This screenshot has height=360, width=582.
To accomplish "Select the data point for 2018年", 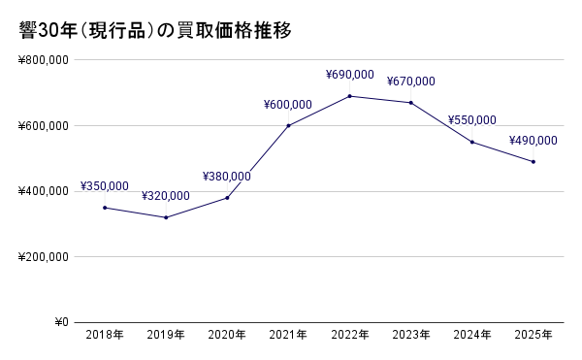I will (105, 208).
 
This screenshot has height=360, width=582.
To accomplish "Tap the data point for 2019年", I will (166, 217).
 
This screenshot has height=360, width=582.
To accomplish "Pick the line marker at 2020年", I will (227, 198).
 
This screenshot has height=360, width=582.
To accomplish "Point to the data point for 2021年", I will (288, 125).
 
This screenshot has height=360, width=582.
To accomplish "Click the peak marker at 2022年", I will (349, 96).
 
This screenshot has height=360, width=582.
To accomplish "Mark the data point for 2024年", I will (471, 142).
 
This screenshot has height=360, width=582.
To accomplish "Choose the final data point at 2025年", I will (533, 161).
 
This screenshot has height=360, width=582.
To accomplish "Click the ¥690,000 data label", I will (349, 75).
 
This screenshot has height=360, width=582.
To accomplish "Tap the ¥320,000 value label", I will (166, 196).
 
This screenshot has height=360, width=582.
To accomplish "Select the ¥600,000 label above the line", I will (288, 105).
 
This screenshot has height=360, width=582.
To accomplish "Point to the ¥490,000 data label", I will (533, 141).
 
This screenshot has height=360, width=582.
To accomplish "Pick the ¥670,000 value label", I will (410, 82).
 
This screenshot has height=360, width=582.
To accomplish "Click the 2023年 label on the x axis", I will (410, 336).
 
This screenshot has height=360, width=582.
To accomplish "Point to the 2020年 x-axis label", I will (227, 336).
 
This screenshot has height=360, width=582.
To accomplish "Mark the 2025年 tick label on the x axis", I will (533, 336).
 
